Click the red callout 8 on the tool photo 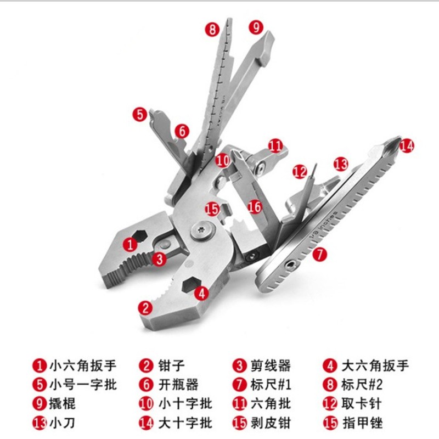pos(212,29)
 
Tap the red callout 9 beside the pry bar pos(256,27)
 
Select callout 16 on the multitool pos(254,207)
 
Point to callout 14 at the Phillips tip pos(406,145)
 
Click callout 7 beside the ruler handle pos(319,254)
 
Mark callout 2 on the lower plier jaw pos(145,307)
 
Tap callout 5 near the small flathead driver pos(140,114)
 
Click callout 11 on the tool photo pos(275,146)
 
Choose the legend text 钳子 pos(172,365)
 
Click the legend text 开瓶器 pos(179,385)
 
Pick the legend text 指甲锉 pos(361,423)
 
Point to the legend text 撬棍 pos(63,404)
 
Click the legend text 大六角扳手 pos(375,365)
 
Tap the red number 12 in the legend pos(329,404)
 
